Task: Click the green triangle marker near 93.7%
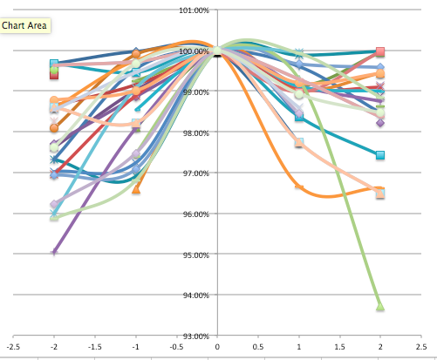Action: tap(380, 307)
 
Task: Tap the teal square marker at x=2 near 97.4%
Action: tap(380, 155)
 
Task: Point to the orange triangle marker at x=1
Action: tap(298, 186)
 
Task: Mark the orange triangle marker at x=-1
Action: tap(136, 188)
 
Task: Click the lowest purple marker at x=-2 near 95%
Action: tap(54, 253)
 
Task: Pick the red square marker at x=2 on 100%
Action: tap(380, 52)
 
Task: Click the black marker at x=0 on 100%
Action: tap(217, 51)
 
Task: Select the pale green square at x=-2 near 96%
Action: tap(54, 216)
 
